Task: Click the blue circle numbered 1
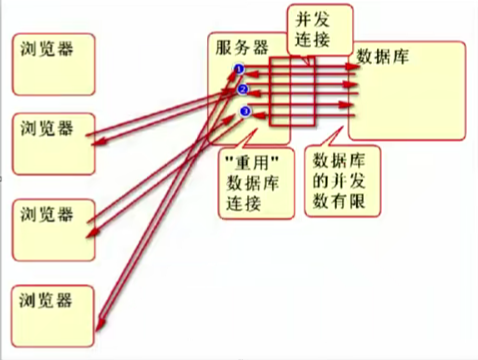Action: (239, 69)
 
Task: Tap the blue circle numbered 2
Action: (243, 90)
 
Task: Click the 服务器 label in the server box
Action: (242, 48)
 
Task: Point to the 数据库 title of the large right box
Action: (383, 57)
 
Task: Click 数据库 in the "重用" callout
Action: (253, 183)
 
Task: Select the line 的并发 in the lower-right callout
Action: (339, 181)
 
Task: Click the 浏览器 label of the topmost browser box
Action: (47, 48)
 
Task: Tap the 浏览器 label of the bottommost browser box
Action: (46, 300)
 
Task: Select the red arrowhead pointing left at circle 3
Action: (258, 115)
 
